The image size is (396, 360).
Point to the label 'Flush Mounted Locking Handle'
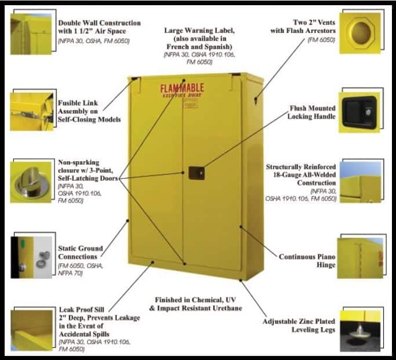tap(311, 112)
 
